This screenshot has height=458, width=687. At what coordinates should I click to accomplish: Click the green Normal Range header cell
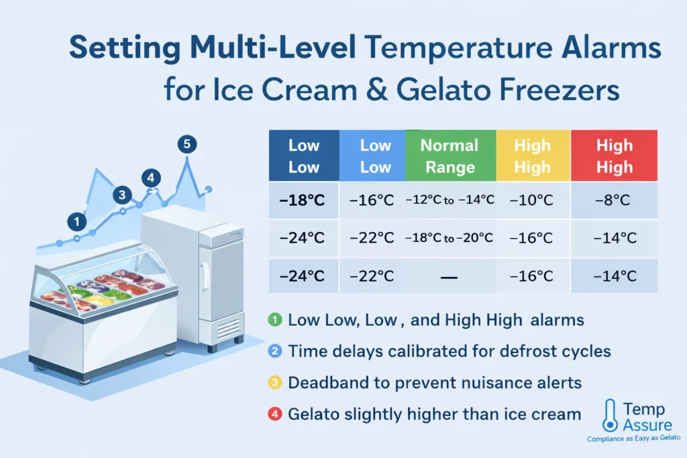(450, 156)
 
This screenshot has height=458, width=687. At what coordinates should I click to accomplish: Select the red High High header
(614, 156)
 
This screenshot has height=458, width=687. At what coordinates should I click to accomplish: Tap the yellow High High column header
(533, 156)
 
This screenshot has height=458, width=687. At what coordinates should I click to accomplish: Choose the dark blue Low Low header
(303, 156)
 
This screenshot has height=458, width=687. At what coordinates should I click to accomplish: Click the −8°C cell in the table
(614, 199)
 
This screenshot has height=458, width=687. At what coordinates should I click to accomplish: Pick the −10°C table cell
(533, 199)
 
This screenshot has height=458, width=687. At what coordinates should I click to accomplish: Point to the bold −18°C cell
(303, 199)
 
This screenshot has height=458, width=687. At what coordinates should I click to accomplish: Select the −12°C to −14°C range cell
(450, 199)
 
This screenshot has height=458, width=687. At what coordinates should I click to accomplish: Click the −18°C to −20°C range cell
(450, 237)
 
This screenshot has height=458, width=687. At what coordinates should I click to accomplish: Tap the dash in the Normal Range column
(450, 276)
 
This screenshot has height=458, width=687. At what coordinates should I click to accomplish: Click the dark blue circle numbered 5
(187, 144)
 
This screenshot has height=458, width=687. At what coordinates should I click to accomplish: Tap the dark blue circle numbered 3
(121, 195)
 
